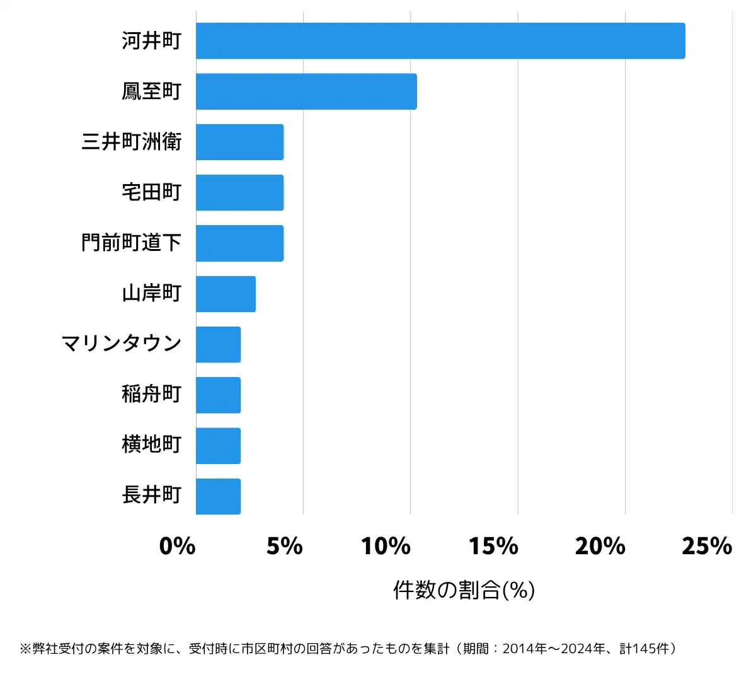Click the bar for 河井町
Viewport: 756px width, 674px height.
440,41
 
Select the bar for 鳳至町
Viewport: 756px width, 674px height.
306,91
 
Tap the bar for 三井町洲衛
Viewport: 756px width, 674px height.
239,142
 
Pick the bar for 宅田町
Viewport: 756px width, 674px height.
239,192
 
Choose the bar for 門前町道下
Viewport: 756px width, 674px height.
239,243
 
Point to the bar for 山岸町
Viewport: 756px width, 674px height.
226,294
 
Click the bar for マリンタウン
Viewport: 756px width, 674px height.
218,344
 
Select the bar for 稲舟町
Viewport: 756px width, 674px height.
218,395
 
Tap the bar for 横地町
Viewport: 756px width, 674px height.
218,446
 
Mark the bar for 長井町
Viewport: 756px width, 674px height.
218,496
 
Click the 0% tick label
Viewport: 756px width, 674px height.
177,546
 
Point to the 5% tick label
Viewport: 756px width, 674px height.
285,546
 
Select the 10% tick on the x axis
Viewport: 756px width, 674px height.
386,546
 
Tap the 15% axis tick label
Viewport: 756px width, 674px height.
493,546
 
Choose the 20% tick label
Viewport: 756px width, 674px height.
600,546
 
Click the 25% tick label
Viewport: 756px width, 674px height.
707,546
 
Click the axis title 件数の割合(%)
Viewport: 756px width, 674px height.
464,590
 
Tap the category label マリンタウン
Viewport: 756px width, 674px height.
122,344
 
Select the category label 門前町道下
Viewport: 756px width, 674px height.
131,243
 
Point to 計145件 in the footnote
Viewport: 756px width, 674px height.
645,649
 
